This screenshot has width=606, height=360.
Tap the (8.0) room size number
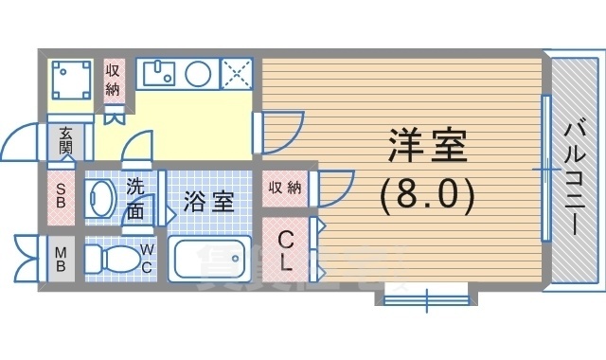[425, 196]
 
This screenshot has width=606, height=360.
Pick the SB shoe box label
[60, 195]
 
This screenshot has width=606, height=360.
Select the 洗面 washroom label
[136, 199]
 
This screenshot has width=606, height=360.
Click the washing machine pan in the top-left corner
[70, 81]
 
